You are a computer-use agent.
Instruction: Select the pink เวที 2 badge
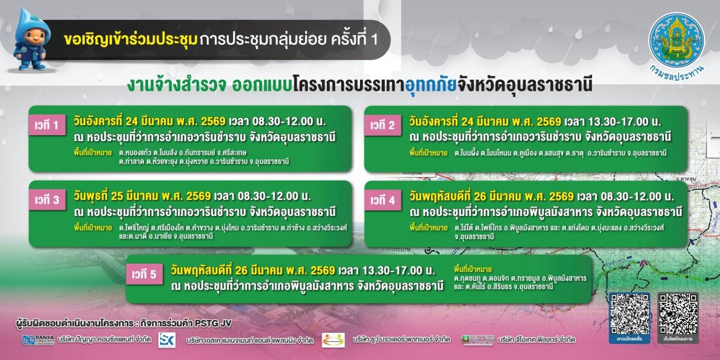[383, 126]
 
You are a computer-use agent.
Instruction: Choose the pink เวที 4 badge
[383, 200]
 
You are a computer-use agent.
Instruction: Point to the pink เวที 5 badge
[145, 274]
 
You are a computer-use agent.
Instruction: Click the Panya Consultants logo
[38, 340]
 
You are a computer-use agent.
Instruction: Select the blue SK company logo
[167, 340]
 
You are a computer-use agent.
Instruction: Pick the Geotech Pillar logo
[478, 340]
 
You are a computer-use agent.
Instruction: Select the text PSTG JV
[218, 323]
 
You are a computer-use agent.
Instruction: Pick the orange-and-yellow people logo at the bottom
[333, 340]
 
